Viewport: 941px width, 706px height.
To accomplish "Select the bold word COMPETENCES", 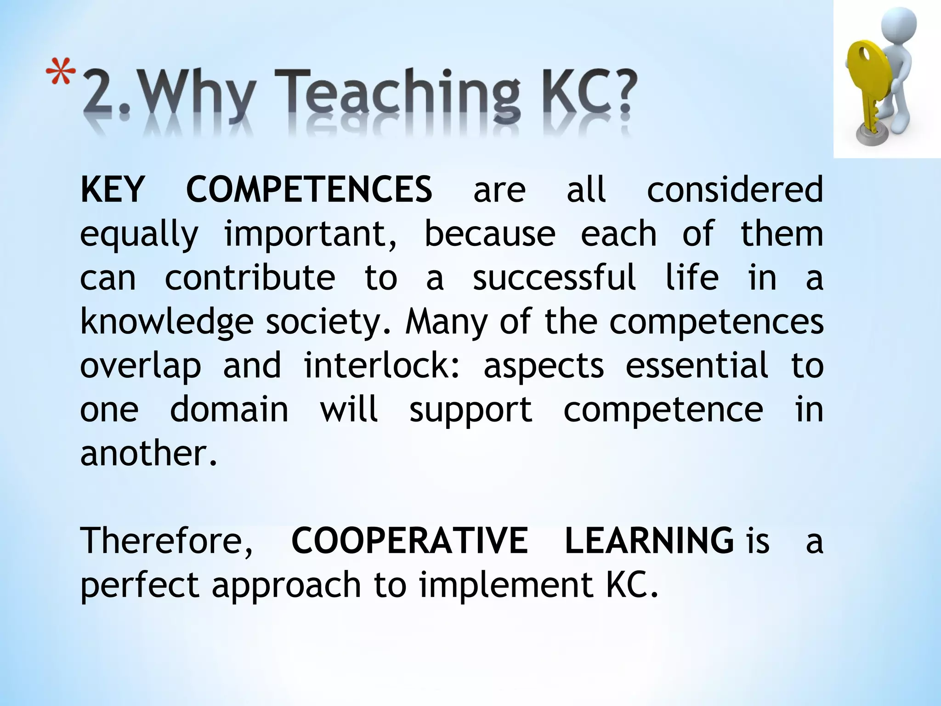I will click(309, 189).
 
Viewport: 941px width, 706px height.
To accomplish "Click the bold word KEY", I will click(112, 189).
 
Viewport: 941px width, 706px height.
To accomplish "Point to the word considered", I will click(735, 189).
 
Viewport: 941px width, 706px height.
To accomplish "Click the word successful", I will click(555, 277).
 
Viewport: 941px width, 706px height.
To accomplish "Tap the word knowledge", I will click(166, 322).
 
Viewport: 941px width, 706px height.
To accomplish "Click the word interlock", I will click(381, 365).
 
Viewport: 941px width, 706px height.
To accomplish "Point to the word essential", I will click(697, 365).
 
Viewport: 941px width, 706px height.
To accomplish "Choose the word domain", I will click(229, 409).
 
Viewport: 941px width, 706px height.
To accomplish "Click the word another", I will click(148, 453).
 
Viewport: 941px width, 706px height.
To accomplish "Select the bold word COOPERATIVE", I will click(409, 541).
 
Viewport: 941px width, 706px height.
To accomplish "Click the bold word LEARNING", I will click(649, 541).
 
